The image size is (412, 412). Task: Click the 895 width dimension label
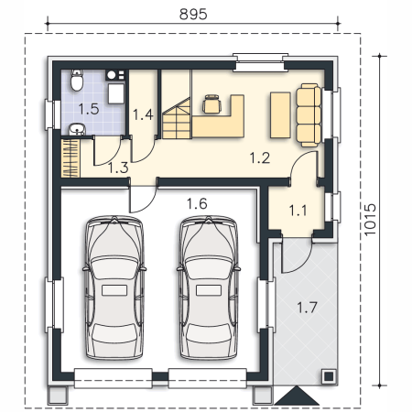pyautogui.click(x=193, y=14)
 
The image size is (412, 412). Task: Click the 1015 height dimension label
pyautogui.click(x=370, y=220)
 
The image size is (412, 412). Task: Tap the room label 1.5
pyautogui.click(x=89, y=109)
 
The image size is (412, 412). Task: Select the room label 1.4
pyautogui.click(x=143, y=114)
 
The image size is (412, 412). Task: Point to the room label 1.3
pyautogui.click(x=118, y=168)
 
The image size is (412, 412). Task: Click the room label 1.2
pyautogui.click(x=260, y=158)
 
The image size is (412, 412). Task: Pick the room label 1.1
pyautogui.click(x=298, y=211)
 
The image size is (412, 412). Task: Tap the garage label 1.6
pyautogui.click(x=197, y=203)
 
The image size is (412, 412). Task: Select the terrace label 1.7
pyautogui.click(x=307, y=308)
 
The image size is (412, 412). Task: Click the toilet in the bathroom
pyautogui.click(x=77, y=81)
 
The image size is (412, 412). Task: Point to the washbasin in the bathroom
pyautogui.click(x=77, y=129)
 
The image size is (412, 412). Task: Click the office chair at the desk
pyautogui.click(x=211, y=104)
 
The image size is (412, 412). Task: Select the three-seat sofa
pyautogui.click(x=309, y=115)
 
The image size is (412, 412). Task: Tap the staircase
pyautogui.click(x=177, y=118)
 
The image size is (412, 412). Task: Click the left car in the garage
pyautogui.click(x=114, y=287)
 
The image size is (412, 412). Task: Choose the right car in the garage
pyautogui.click(x=209, y=287)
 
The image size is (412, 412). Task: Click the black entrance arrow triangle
pyautogui.click(x=297, y=396)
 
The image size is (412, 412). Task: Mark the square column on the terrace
pyautogui.click(x=329, y=376)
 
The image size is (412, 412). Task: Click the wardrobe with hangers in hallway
pyautogui.click(x=70, y=158)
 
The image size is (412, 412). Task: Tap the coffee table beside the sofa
pyautogui.click(x=280, y=115)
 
